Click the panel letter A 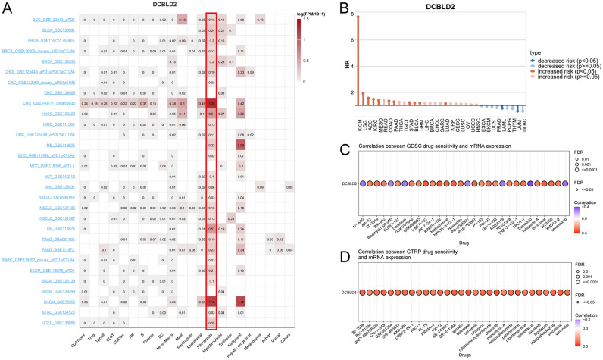point(7,8)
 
